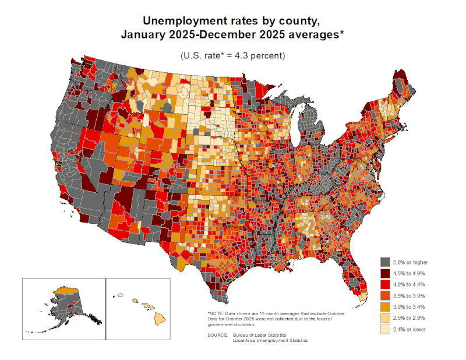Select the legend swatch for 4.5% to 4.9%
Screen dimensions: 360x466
pyautogui.click(x=384, y=272)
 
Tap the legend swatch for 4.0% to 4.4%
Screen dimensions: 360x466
pyautogui.click(x=384, y=284)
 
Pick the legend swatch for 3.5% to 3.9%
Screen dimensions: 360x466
pyautogui.click(x=384, y=295)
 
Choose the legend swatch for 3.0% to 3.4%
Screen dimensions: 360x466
pyautogui.click(x=384, y=306)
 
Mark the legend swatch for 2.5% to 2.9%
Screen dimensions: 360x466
pyautogui.click(x=384, y=317)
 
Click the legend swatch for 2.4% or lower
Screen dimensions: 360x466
pyautogui.click(x=384, y=329)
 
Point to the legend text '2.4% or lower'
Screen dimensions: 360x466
pyautogui.click(x=409, y=329)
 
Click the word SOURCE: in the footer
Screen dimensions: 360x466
pyautogui.click(x=217, y=336)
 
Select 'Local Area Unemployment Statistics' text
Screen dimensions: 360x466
pyautogui.click(x=270, y=341)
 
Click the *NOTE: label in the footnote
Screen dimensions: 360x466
pyautogui.click(x=216, y=313)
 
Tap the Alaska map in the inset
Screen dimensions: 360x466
pyautogui.click(x=64, y=300)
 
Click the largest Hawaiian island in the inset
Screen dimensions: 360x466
pyautogui.click(x=158, y=319)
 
